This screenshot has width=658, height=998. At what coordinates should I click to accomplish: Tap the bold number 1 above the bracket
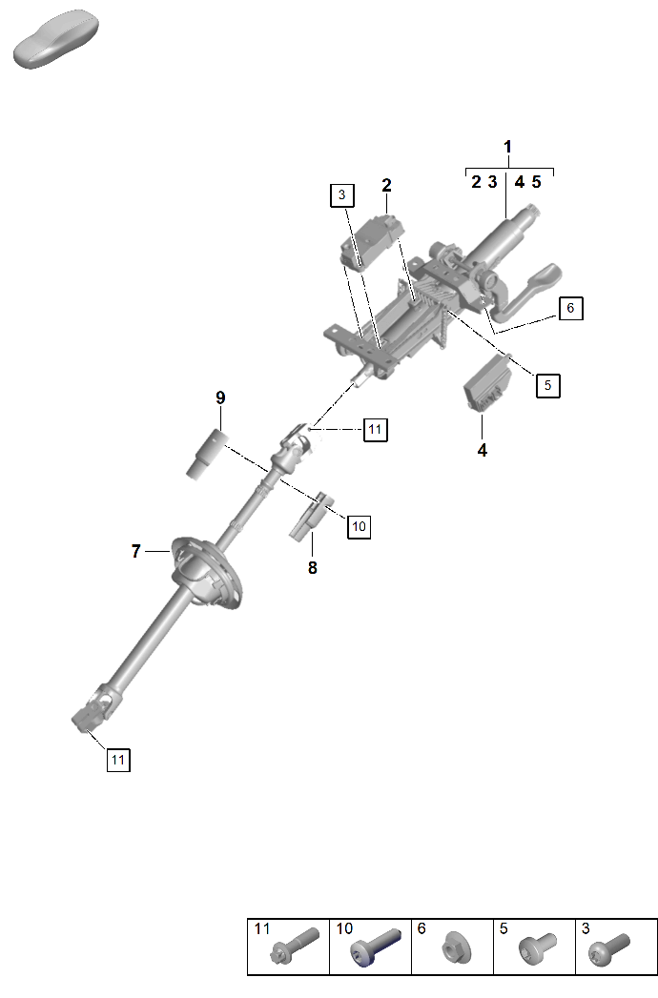pos(507,147)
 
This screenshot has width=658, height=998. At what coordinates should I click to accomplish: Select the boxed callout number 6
pos(569,308)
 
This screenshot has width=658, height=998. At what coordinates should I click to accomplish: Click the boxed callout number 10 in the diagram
pos(359,525)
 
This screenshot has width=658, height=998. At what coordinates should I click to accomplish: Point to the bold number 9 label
pos(220,397)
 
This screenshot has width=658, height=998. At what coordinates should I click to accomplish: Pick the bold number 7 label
pos(135,551)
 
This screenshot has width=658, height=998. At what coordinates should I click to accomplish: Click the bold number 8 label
pos(312,568)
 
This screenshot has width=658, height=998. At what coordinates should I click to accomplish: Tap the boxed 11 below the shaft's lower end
pos(117,760)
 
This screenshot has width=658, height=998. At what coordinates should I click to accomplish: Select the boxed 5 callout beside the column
pos(547,385)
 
